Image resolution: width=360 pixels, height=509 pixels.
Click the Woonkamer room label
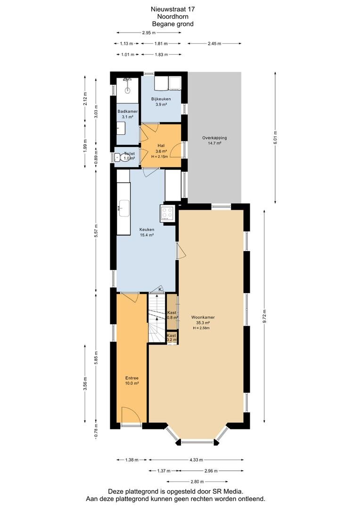pos(203,318)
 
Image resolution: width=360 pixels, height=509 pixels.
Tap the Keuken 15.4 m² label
pos(147,232)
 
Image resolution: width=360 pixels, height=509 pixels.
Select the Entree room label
pos(132,378)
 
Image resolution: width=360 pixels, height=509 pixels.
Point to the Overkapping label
pos(214,138)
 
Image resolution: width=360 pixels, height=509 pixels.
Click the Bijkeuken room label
pos(161,99)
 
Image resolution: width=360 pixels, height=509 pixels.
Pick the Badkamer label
pos(128,111)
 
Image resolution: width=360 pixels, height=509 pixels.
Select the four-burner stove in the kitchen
pos(168,213)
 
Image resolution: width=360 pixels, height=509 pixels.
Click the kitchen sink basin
pos(124,208)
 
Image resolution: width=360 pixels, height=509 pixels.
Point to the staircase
pos(157,318)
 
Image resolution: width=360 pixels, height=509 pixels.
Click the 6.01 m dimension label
pos(276,138)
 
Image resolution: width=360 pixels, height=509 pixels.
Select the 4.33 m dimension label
pos(196,460)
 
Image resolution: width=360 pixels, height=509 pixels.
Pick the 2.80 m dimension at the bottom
pos(197,482)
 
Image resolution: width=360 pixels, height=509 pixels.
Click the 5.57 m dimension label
pos(96,231)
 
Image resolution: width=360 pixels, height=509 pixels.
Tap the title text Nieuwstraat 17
pos(172,9)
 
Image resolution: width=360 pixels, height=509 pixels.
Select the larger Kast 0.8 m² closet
pos(172,312)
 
